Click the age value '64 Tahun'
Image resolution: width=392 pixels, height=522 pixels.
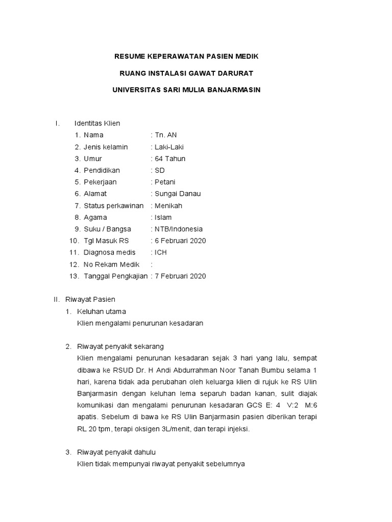(x=170, y=159)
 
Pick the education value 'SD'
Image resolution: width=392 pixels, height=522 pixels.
(x=160, y=170)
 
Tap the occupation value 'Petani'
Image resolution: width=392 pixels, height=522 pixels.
(x=165, y=182)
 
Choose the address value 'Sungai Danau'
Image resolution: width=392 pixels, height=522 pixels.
(x=178, y=194)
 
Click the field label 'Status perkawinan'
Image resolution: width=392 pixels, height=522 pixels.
(x=114, y=205)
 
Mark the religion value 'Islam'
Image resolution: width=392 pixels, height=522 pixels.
(x=163, y=217)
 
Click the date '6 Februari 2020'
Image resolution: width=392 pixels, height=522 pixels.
(x=180, y=241)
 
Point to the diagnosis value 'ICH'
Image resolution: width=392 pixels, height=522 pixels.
(x=161, y=252)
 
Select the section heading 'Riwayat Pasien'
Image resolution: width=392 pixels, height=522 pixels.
(x=97, y=299)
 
